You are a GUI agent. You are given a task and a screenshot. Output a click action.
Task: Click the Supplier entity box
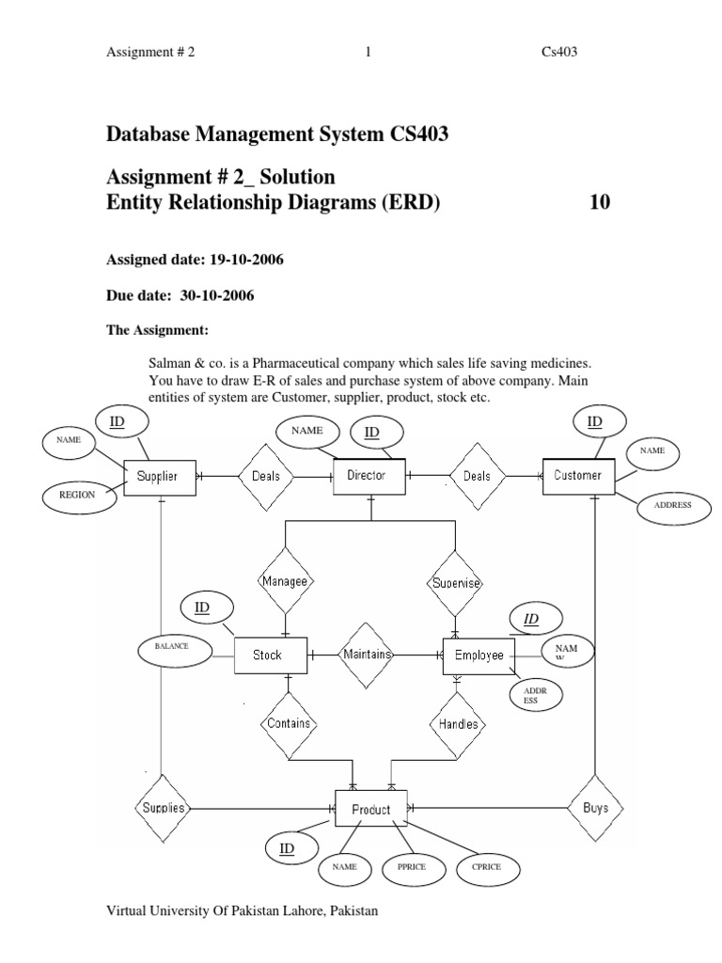click(x=164, y=477)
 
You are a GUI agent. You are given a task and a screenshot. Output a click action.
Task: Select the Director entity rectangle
click(x=369, y=476)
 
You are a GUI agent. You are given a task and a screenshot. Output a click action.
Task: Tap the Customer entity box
click(x=578, y=476)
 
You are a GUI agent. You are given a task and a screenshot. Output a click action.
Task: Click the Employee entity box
click(x=479, y=655)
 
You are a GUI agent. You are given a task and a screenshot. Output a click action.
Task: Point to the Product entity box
click(x=370, y=809)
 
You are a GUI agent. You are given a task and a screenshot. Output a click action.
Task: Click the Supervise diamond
click(x=456, y=583)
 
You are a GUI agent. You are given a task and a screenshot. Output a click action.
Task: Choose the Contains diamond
click(x=289, y=724)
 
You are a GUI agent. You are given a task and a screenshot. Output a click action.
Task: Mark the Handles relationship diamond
click(x=459, y=724)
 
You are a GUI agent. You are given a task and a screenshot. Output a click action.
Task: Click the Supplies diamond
click(x=164, y=808)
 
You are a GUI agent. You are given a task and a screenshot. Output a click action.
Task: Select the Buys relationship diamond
click(x=594, y=808)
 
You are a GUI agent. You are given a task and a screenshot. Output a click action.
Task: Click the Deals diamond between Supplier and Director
click(x=266, y=476)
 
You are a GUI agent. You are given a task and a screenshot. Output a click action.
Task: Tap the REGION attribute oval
click(x=78, y=494)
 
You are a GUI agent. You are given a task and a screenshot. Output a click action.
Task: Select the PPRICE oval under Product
click(x=413, y=865)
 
